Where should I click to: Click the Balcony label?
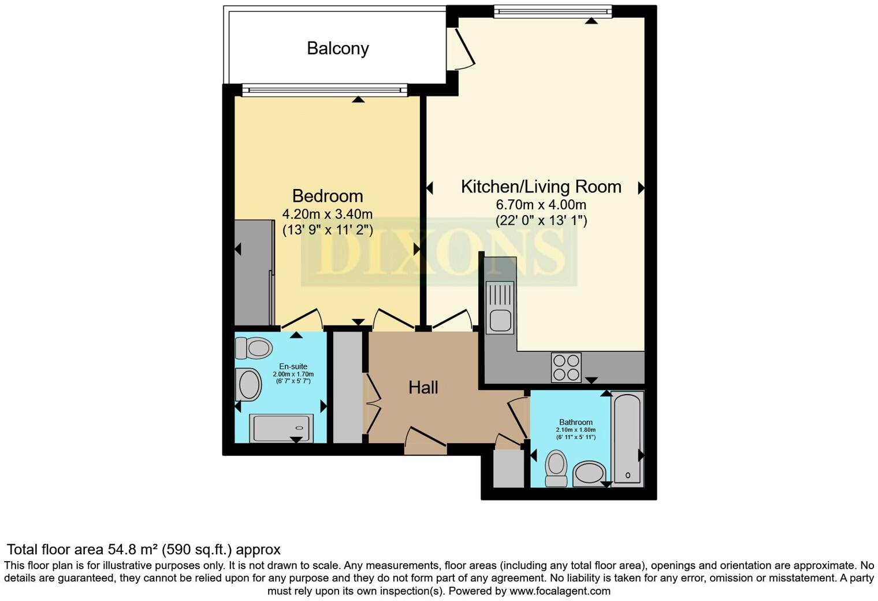338,48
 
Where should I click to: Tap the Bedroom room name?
327,196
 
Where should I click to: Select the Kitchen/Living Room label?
541,187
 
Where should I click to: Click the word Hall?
423,388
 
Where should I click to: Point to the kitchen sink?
500,307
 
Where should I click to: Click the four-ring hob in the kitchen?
566,368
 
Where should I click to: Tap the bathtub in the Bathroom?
627,438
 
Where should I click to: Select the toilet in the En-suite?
254,348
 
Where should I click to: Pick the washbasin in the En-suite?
249,385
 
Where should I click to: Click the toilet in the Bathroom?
556,468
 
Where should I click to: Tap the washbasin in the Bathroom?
589,474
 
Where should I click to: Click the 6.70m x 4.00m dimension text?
541,205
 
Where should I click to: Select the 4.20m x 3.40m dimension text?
327,214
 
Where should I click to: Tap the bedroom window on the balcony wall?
325,90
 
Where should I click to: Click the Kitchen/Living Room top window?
553,11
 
